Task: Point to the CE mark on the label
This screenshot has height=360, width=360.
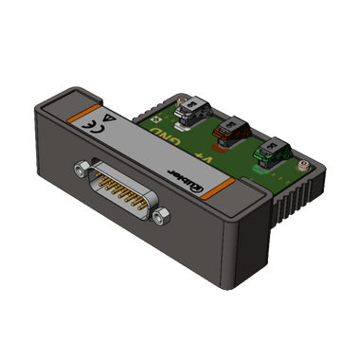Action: (90, 121)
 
